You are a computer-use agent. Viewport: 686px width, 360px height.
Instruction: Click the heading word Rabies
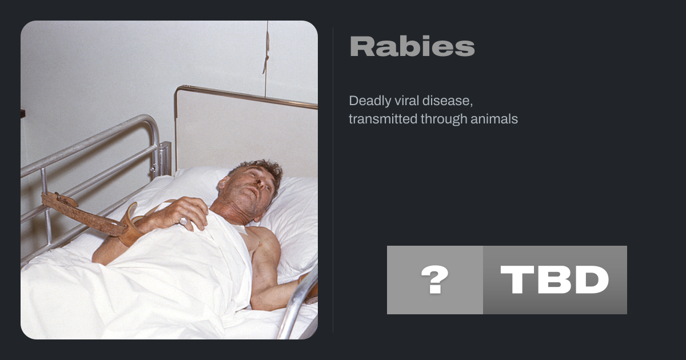click(x=412, y=46)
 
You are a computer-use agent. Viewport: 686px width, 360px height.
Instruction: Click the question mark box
click(x=435, y=280)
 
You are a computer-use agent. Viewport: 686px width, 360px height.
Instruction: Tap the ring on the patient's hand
click(x=184, y=221)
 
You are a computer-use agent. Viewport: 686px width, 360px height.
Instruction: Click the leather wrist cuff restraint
click(x=130, y=225)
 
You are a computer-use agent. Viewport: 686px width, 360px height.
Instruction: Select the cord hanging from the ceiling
click(x=266, y=58)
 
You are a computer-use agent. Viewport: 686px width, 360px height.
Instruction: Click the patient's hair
click(x=260, y=170)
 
